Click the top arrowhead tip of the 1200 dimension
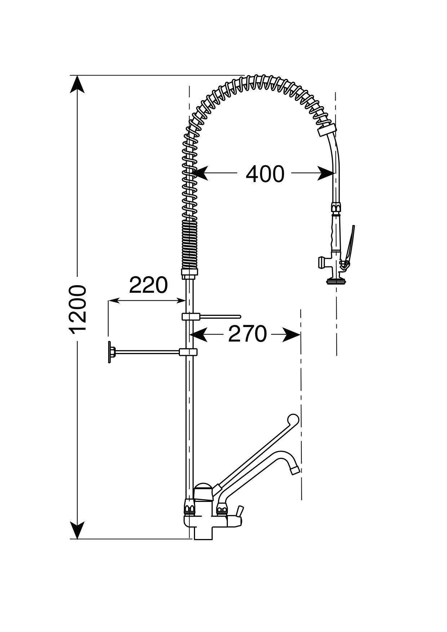pyautogui.click(x=77, y=76)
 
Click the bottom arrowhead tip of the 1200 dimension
pyautogui.click(x=77, y=539)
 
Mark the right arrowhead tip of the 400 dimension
pyautogui.click(x=335, y=173)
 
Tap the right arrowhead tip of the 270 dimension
pyautogui.click(x=301, y=335)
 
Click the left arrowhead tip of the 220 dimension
pyautogui.click(x=109, y=300)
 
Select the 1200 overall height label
pyautogui.click(x=78, y=309)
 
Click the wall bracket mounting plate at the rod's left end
pyautogui.click(x=110, y=352)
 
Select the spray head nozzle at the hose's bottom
pyautogui.click(x=335, y=281)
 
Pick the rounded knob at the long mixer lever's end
pyautogui.click(x=293, y=420)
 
